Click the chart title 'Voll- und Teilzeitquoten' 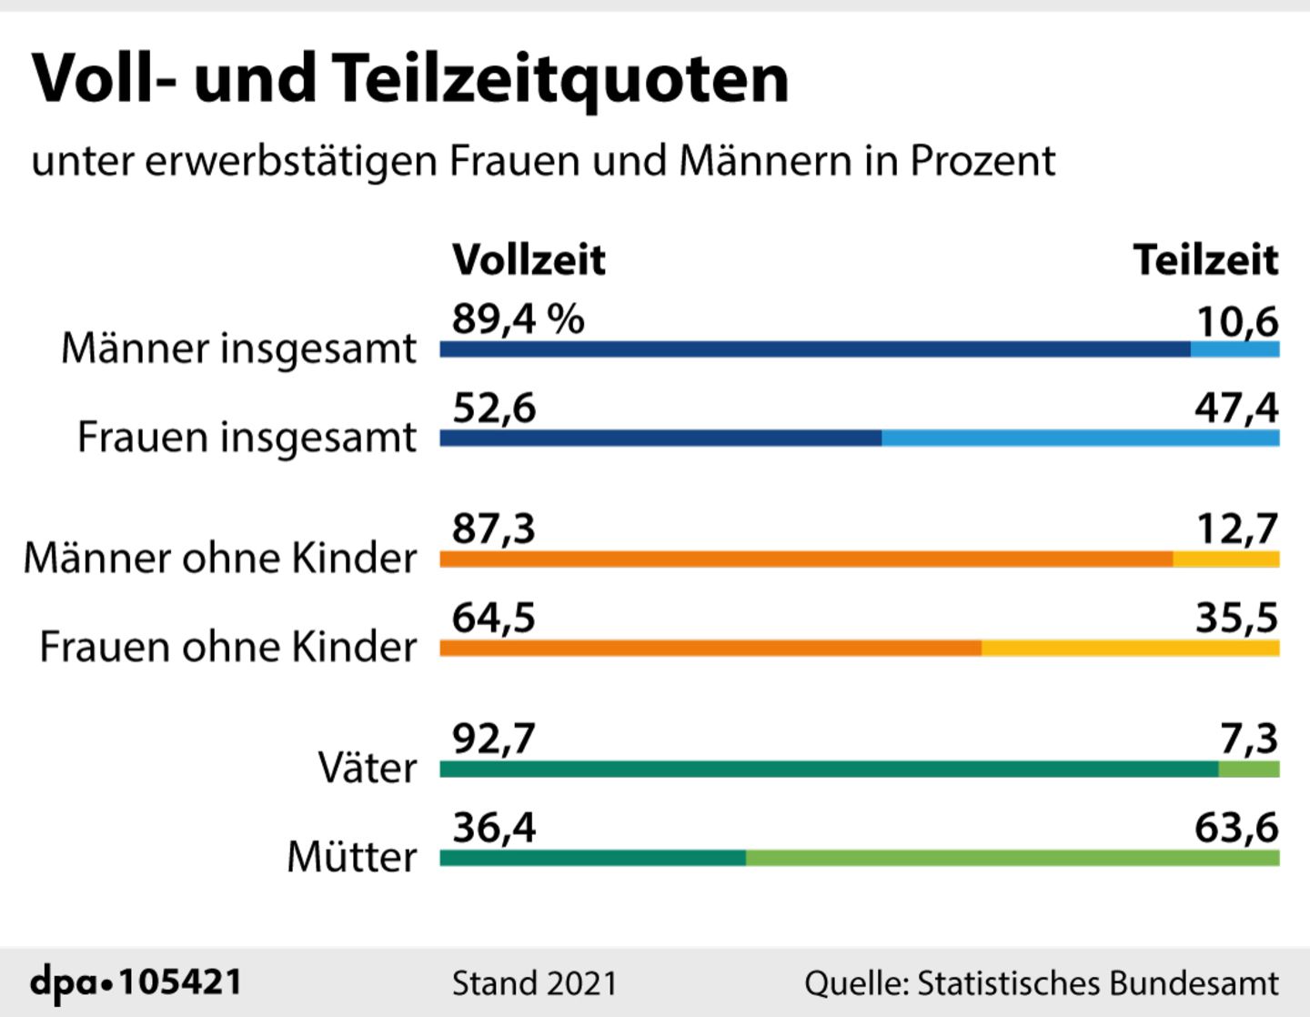pyautogui.click(x=409, y=79)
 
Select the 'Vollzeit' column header pyautogui.click(x=529, y=260)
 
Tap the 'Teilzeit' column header pyautogui.click(x=1205, y=260)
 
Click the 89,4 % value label pyautogui.click(x=518, y=319)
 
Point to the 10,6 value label pyautogui.click(x=1236, y=321)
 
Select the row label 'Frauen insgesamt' pyautogui.click(x=247, y=437)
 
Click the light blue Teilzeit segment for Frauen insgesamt pyautogui.click(x=1080, y=438)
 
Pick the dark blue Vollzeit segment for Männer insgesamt pyautogui.click(x=814, y=349)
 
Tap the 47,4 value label pyautogui.click(x=1236, y=408)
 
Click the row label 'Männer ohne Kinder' pyautogui.click(x=220, y=558)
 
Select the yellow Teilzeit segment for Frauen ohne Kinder pyautogui.click(x=1130, y=648)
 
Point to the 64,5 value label pyautogui.click(x=494, y=619)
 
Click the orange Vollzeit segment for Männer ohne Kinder pyautogui.click(x=805, y=559)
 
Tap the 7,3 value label pyautogui.click(x=1249, y=739)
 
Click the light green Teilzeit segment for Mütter pyautogui.click(x=1012, y=858)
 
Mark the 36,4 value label pyautogui.click(x=494, y=828)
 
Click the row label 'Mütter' pyautogui.click(x=352, y=857)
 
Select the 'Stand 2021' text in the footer pyautogui.click(x=534, y=983)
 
